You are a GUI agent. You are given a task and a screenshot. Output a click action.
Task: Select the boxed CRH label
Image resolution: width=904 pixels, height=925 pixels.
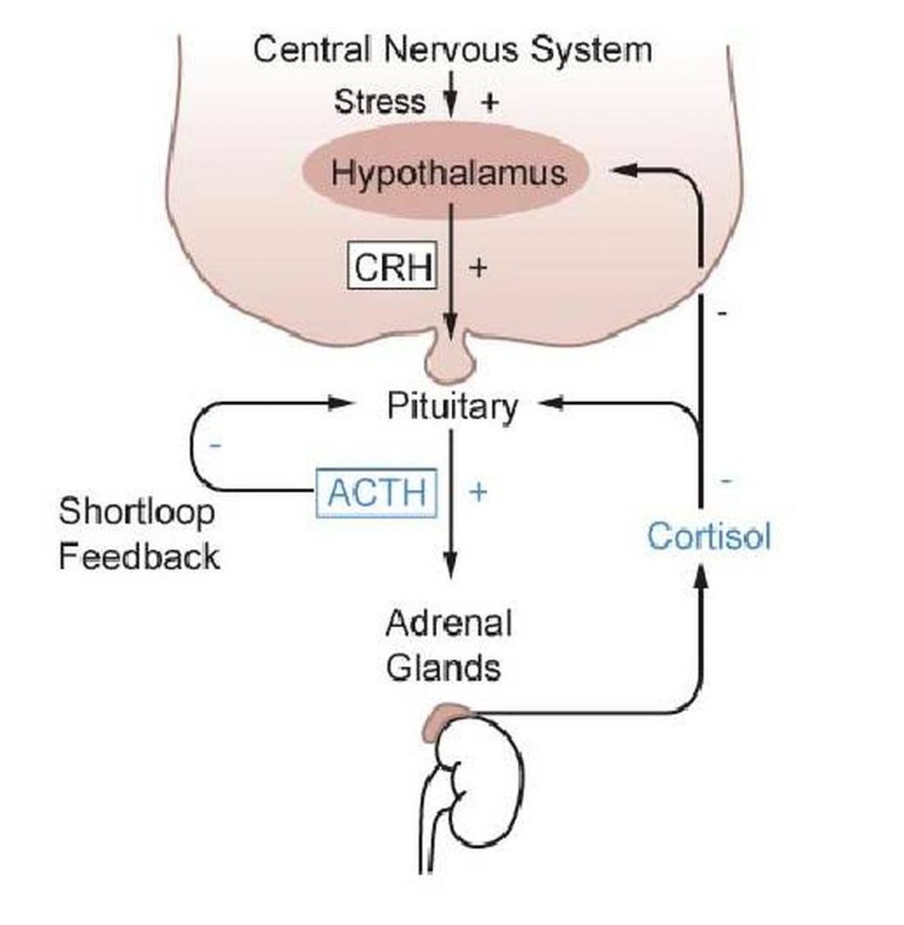(x=393, y=267)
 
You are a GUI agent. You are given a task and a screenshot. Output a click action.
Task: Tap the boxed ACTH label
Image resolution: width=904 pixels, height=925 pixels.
(x=377, y=492)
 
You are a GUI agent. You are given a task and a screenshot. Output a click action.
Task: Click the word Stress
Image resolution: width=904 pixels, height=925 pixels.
(x=380, y=102)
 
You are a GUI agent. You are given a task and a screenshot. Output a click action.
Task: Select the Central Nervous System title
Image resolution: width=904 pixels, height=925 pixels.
(x=452, y=50)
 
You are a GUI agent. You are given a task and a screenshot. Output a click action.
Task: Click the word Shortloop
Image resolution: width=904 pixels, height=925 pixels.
(x=136, y=513)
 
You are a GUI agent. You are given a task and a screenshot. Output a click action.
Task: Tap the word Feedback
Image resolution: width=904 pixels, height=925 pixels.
(x=139, y=556)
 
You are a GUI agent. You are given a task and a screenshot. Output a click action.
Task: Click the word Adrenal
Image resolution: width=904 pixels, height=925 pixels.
(x=449, y=625)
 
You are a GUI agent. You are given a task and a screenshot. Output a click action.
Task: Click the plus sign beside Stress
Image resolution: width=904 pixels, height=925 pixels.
(x=489, y=102)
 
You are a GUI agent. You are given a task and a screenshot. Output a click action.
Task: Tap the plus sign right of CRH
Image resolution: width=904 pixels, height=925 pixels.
(x=477, y=267)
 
